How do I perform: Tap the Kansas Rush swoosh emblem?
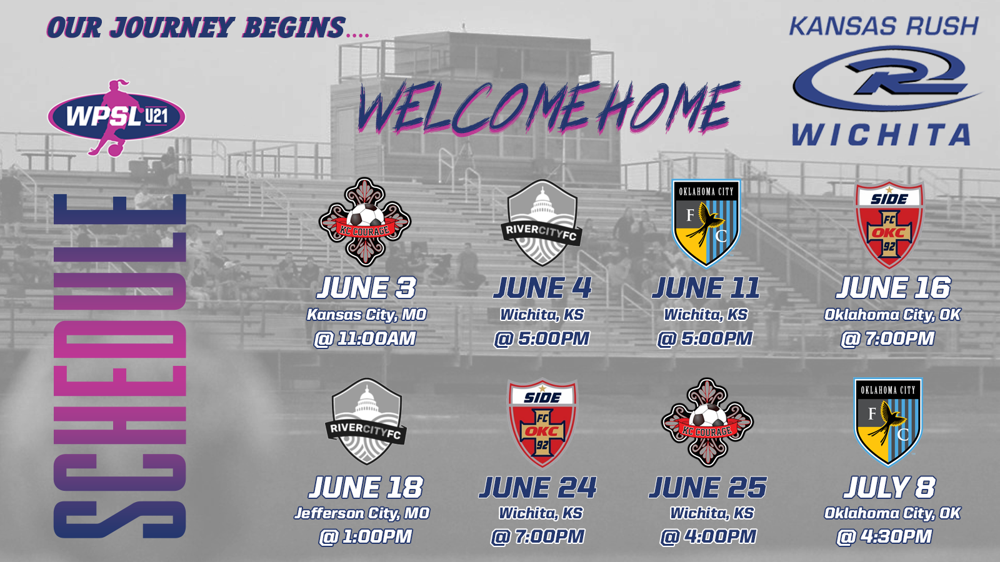click(x=886, y=79)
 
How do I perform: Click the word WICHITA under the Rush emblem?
click(x=881, y=135)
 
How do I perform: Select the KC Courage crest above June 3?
click(x=365, y=222)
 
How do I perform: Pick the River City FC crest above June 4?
click(x=542, y=223)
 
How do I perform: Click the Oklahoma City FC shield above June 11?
click(x=706, y=223)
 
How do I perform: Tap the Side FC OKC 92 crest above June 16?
click(x=889, y=224)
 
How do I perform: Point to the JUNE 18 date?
click(x=366, y=487)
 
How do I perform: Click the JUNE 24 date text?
click(x=538, y=487)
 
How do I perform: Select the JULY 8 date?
click(x=889, y=487)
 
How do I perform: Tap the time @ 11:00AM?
click(x=365, y=338)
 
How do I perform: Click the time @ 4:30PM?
click(x=884, y=536)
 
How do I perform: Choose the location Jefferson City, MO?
click(x=362, y=513)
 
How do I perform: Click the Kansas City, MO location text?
click(x=366, y=315)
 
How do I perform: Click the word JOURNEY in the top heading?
click(x=172, y=27)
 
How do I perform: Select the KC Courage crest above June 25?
click(x=707, y=422)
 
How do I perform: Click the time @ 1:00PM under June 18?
click(x=366, y=536)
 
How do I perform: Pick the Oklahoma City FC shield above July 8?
click(x=888, y=422)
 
